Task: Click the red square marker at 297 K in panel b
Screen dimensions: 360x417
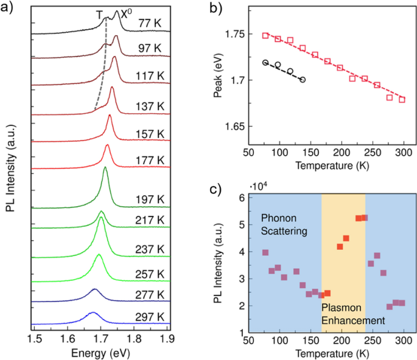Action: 402,99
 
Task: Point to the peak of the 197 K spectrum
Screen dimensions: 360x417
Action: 105,168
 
